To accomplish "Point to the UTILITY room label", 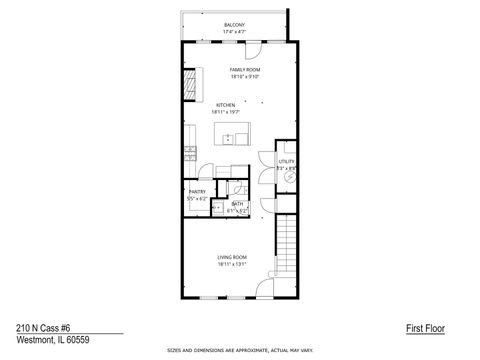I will point(286,160).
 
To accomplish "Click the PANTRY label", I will point(196,192).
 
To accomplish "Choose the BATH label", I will point(237,204).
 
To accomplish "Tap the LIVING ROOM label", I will point(232,257).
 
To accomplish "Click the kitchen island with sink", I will point(236,138).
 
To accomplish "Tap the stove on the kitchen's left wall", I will point(189,154).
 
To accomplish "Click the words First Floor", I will point(424,327).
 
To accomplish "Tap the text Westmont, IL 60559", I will point(45,339).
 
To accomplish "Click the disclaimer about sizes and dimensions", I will point(239,351).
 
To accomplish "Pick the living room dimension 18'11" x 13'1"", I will point(232,265).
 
